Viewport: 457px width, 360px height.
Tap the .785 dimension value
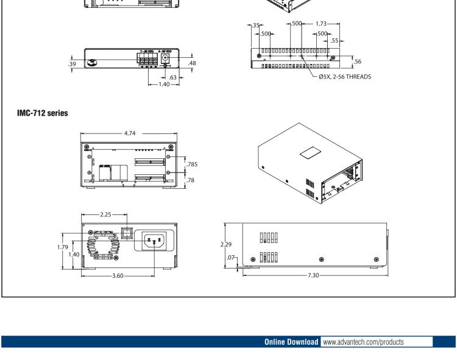pos(194,164)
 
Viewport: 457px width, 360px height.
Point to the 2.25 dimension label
pos(104,215)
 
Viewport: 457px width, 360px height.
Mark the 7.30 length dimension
pos(313,276)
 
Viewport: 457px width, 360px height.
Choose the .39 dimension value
pos(73,64)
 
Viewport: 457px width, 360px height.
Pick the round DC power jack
pos(164,59)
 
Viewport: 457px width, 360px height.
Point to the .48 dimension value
pos(192,63)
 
